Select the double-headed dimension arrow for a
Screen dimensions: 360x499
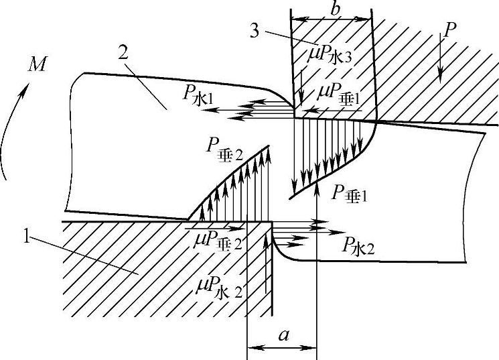[281, 348]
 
